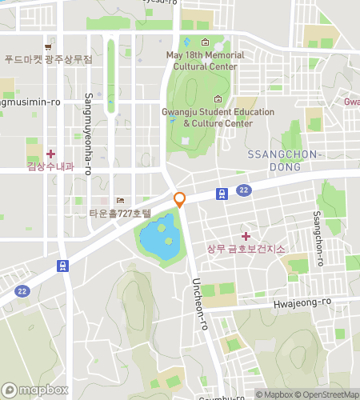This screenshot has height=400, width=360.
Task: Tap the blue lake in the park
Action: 159,236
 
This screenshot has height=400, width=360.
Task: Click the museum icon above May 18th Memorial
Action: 205,42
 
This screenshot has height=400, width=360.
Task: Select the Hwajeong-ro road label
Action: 302,302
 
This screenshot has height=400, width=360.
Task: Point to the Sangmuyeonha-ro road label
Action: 87,134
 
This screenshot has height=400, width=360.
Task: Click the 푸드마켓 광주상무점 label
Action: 48,59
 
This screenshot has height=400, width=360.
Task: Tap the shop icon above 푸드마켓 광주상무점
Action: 49,46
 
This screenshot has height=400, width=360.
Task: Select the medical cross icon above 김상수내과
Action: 50,153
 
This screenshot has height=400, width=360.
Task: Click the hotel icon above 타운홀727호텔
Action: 121,200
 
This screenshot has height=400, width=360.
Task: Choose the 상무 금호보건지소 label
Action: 246,249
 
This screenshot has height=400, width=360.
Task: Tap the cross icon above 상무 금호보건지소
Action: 246,235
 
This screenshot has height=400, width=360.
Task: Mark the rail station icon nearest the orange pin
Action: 220,193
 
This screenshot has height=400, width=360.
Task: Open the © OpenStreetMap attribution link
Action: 327,394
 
